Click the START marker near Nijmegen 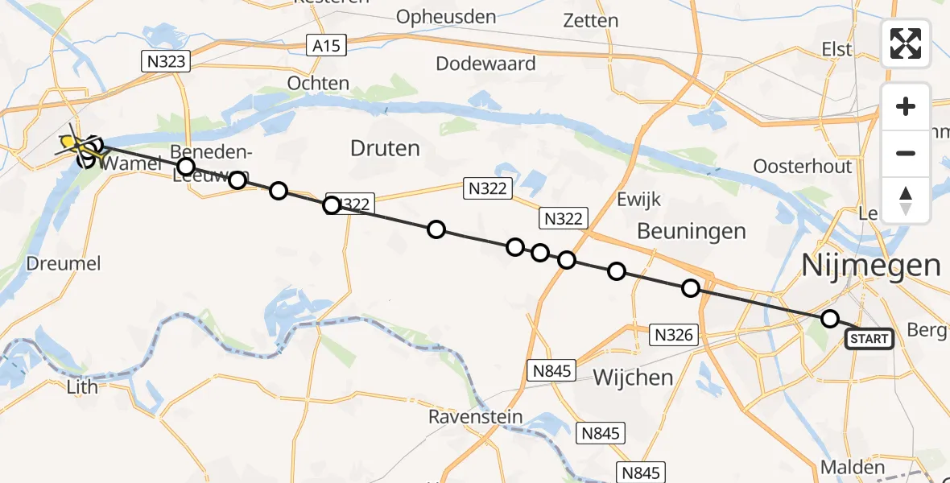(869, 339)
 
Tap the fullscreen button (906, 43)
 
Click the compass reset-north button (906, 200)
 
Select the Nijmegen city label (871, 265)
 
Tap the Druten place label (385, 148)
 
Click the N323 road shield (167, 62)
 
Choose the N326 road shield (674, 335)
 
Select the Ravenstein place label (475, 417)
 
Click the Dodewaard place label (485, 63)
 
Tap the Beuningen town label (691, 231)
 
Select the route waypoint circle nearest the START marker (830, 319)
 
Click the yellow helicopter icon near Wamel (71, 143)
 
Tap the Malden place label (852, 467)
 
